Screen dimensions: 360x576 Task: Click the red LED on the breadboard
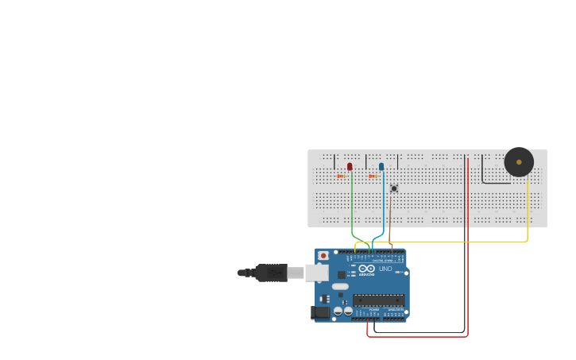[x=350, y=166]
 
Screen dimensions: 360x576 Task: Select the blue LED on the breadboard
[x=381, y=167]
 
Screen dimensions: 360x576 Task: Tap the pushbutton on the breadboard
[x=393, y=188]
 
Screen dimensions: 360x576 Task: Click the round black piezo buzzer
[x=519, y=162]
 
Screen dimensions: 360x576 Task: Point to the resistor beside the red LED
[x=341, y=176]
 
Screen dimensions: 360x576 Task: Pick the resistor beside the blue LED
[x=373, y=176]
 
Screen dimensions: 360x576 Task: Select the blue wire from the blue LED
[x=385, y=211]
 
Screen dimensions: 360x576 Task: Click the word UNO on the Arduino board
[x=385, y=269]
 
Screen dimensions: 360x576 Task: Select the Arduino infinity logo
[x=366, y=268]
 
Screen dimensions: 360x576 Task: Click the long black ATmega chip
[x=378, y=300]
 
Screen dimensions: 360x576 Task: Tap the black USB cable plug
[x=270, y=273]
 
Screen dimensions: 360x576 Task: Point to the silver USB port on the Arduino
[x=317, y=273]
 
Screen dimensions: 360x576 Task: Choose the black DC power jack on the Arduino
[x=321, y=312]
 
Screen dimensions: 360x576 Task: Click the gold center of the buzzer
[x=519, y=162]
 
